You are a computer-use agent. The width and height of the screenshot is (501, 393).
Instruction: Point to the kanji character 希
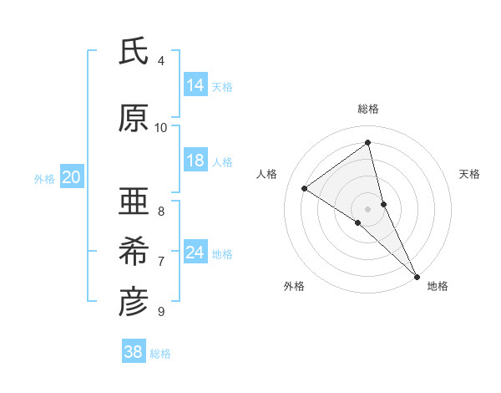(x=134, y=251)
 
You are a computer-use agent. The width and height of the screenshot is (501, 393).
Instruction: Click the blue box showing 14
(x=195, y=85)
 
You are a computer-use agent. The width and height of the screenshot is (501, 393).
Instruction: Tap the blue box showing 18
(x=195, y=161)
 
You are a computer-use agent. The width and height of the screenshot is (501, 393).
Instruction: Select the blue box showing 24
(x=195, y=253)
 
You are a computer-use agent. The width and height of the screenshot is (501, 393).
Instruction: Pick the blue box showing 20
(x=72, y=177)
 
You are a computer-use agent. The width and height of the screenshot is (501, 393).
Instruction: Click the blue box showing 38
(x=134, y=352)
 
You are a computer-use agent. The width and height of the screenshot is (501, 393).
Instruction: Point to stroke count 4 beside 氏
(x=161, y=61)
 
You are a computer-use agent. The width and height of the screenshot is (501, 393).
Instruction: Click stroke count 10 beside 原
(x=161, y=127)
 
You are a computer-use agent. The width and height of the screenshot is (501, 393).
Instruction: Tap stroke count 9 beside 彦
(x=161, y=311)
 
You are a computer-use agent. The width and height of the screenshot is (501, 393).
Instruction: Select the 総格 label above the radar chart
(x=368, y=109)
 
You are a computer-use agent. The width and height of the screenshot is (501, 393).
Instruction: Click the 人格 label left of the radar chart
(x=267, y=174)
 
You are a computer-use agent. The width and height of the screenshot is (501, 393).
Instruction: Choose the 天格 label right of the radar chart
(x=470, y=174)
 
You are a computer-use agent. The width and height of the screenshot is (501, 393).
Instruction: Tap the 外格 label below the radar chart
(x=294, y=286)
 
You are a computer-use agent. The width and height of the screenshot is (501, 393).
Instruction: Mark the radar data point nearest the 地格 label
(x=416, y=274)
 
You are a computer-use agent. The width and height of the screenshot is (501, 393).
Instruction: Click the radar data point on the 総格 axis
(x=368, y=143)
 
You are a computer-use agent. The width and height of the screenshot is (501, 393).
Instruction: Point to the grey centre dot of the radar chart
(x=368, y=208)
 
